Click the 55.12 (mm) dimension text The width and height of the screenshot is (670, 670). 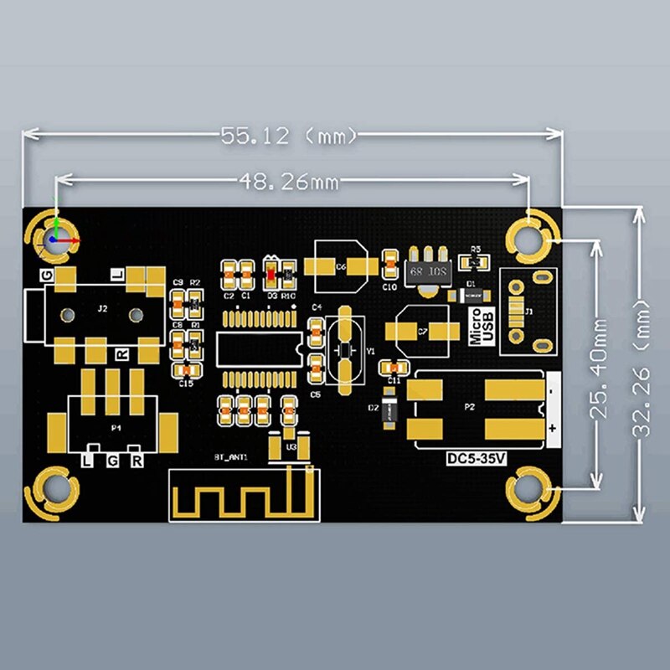(x=289, y=134)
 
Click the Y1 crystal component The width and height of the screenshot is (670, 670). (x=344, y=349)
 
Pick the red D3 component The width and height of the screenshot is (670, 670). (x=271, y=271)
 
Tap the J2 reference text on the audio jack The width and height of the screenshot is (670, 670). (x=102, y=309)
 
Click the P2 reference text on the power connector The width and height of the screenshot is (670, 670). (x=469, y=407)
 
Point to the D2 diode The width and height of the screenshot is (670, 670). (x=389, y=411)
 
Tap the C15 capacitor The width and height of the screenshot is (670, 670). (x=185, y=369)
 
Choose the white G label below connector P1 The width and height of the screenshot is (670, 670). (x=112, y=461)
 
